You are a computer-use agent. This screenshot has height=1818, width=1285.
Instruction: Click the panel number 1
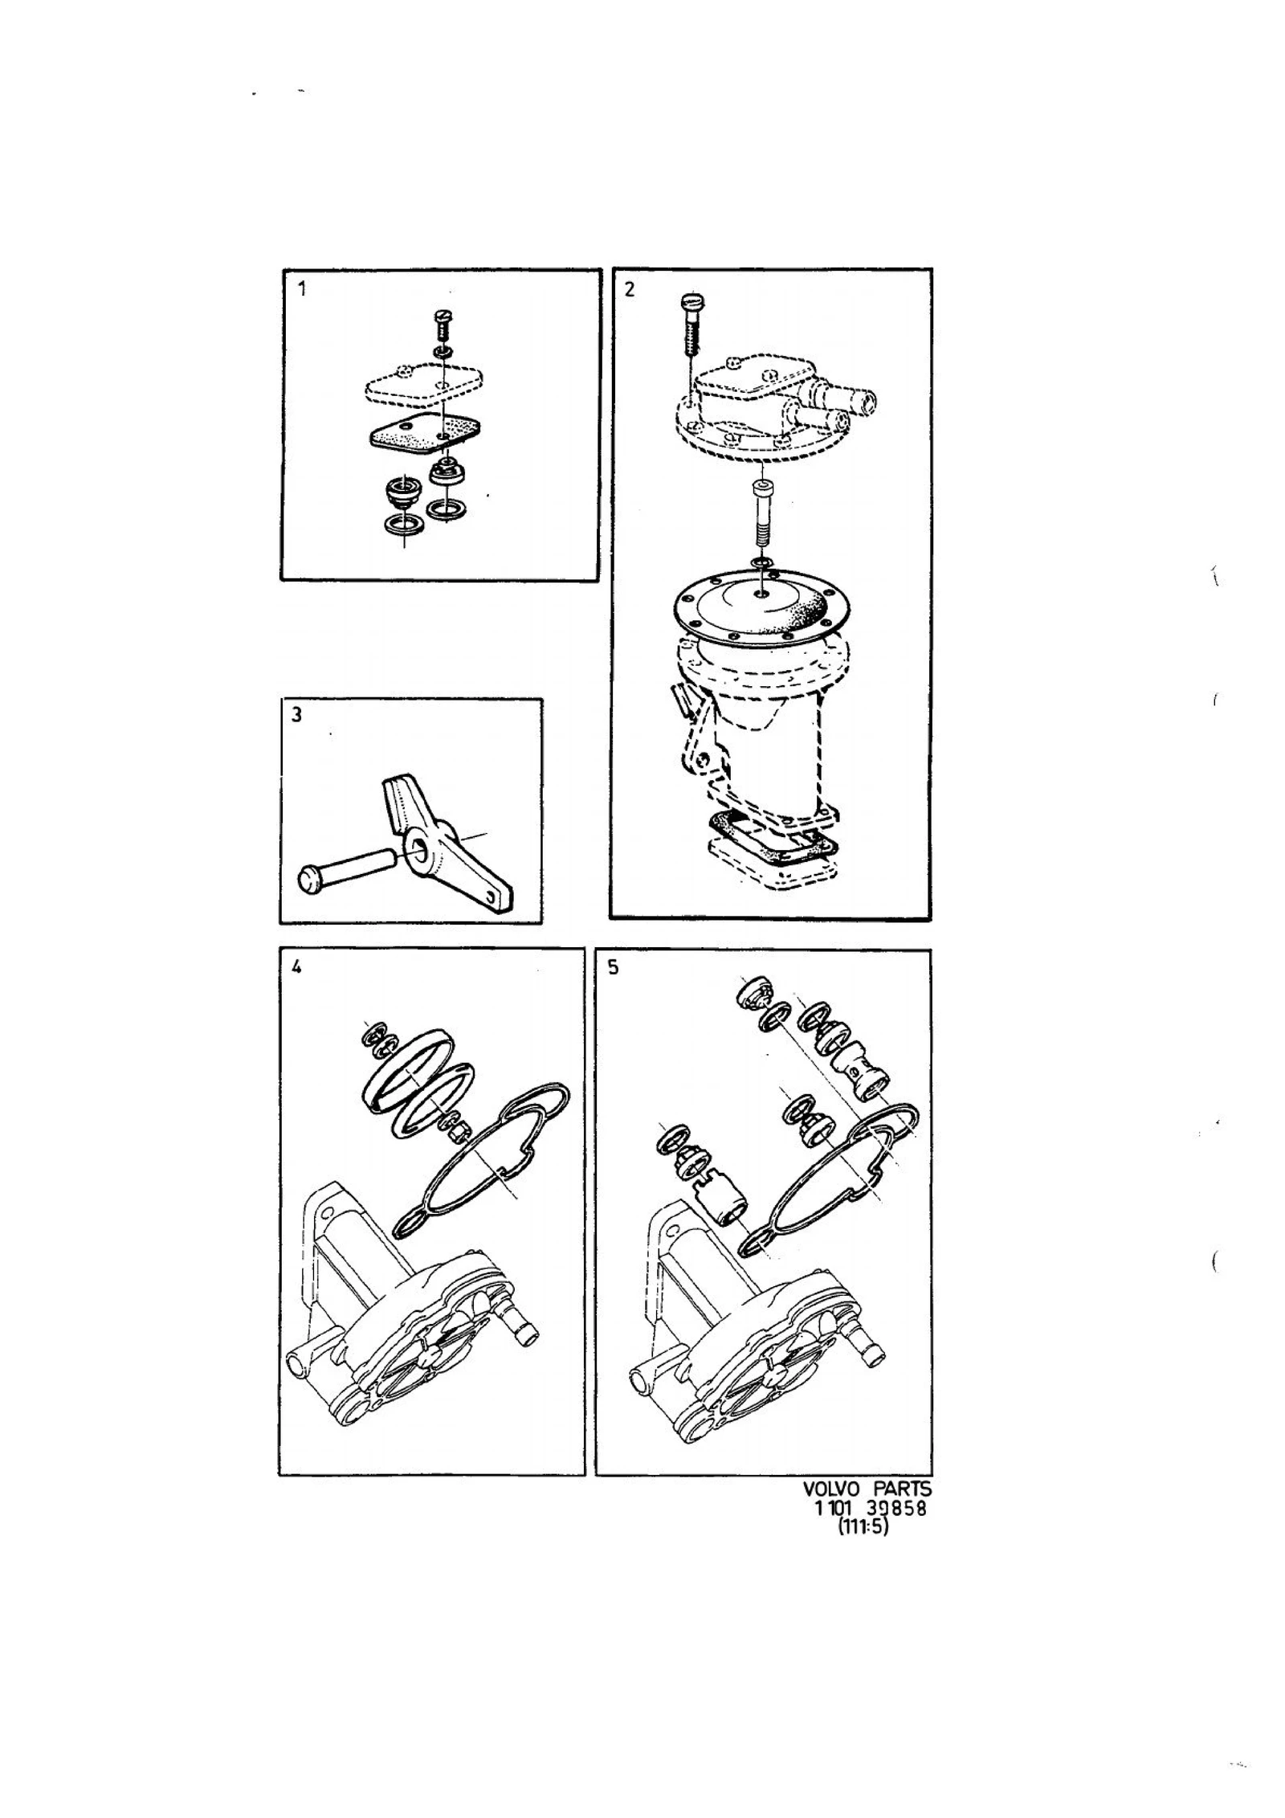click(302, 289)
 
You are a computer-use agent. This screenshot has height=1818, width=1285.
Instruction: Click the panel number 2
click(630, 289)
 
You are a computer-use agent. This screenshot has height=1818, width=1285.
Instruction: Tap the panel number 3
click(297, 714)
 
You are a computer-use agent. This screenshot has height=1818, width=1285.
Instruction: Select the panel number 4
click(296, 968)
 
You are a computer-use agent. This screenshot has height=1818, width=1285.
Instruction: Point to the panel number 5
click(614, 968)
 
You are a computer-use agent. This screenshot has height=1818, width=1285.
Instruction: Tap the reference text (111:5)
click(863, 1527)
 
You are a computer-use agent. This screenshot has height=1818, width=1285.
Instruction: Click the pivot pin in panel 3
click(347, 871)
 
